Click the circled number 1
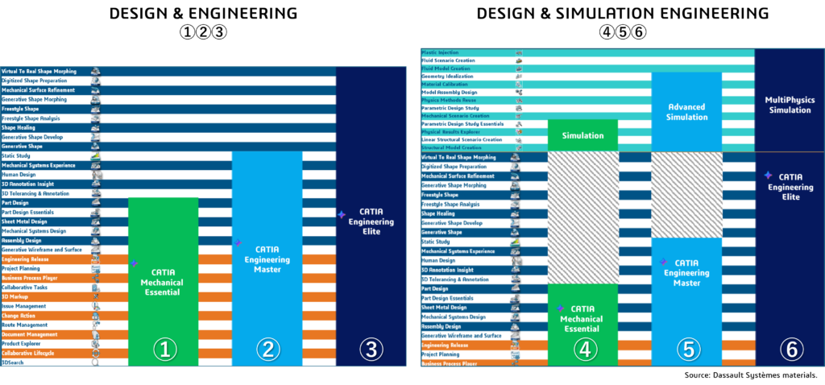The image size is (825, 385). click(x=164, y=349)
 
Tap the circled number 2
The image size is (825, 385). click(x=267, y=349)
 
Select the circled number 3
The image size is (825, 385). click(x=371, y=349)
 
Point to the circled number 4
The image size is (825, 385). click(x=582, y=349)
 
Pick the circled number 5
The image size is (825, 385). click(x=686, y=349)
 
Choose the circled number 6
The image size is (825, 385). click(x=790, y=349)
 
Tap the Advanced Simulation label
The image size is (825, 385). click(x=686, y=112)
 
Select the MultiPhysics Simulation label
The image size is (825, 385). click(x=788, y=105)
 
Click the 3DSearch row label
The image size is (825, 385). click(x=14, y=362)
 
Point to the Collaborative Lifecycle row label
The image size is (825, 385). click(x=29, y=353)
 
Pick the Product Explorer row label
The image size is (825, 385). click(x=22, y=344)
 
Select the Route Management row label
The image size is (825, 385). click(x=25, y=325)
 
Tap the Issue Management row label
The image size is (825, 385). click(x=24, y=306)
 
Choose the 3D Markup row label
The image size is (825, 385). click(x=16, y=296)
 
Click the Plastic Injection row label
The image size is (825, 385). click(x=440, y=52)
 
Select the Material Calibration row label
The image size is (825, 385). click(x=446, y=84)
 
